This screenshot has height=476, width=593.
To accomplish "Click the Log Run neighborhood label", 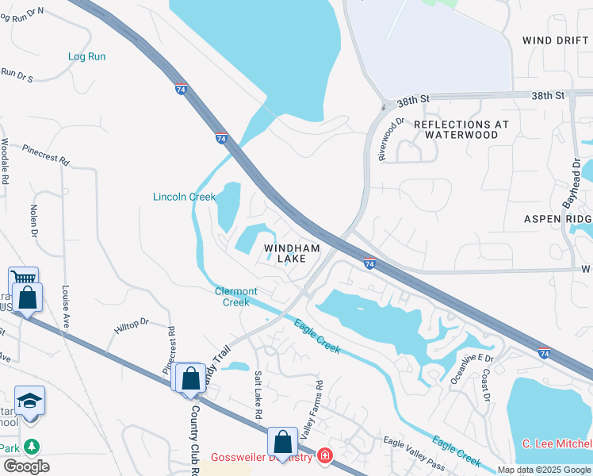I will [x=86, y=56].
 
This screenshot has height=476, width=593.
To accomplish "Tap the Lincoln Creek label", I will [x=185, y=197].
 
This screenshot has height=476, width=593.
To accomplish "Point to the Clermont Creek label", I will [x=236, y=297].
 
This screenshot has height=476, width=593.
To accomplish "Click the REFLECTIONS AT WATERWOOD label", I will [x=461, y=129].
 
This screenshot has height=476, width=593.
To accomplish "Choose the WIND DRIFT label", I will [x=556, y=40].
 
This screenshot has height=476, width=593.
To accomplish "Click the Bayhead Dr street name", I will [x=572, y=183].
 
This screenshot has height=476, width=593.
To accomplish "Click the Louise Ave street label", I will [x=66, y=302].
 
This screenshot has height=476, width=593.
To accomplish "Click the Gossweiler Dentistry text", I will [x=261, y=458].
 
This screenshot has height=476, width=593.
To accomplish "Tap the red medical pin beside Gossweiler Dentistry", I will [x=324, y=456].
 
